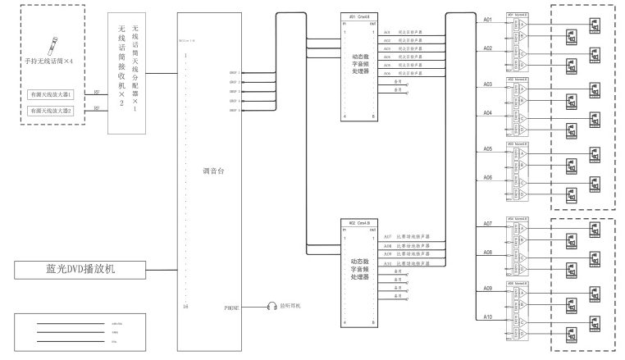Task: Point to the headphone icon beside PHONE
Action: click(x=271, y=307)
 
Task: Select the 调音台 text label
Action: click(x=213, y=172)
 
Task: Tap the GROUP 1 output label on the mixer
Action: click(x=234, y=72)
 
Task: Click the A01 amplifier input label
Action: click(x=487, y=18)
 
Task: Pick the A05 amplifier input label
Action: click(x=487, y=149)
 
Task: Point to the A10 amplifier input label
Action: click(x=487, y=317)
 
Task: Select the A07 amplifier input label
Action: click(x=487, y=224)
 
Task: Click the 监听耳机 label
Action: click(x=292, y=307)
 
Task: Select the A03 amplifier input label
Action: click(x=487, y=84)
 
